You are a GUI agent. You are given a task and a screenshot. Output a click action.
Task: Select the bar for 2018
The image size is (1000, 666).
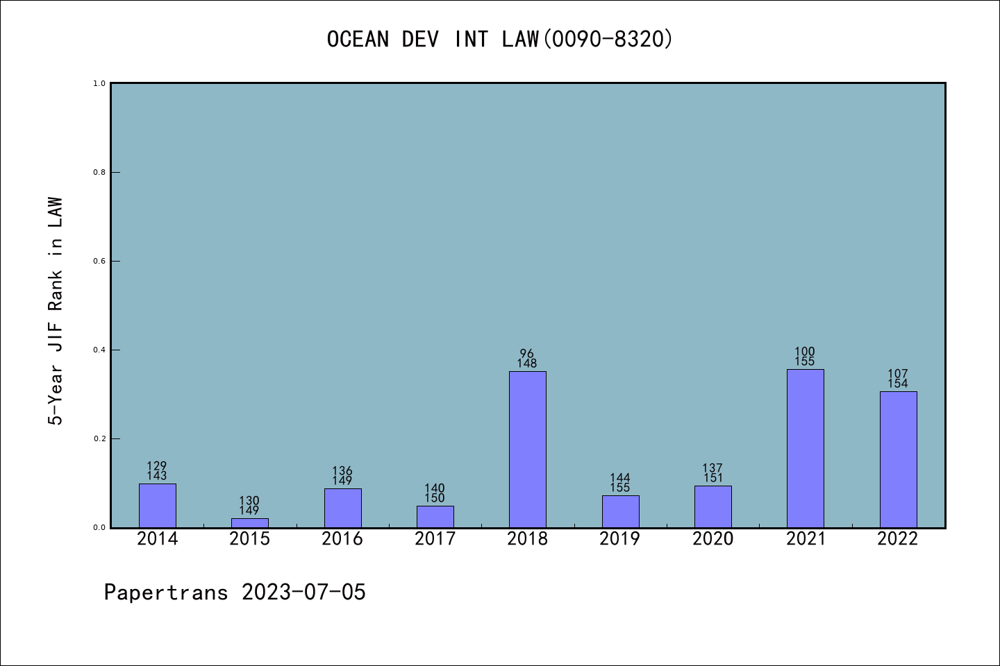(x=527, y=449)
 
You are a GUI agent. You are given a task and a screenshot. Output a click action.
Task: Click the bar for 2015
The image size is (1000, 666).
(x=249, y=522)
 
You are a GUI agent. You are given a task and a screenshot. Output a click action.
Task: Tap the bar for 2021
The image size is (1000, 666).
(x=805, y=448)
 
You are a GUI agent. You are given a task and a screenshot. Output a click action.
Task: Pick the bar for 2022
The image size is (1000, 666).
(x=898, y=459)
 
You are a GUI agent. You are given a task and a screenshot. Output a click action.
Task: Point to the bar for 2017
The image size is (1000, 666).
(x=435, y=516)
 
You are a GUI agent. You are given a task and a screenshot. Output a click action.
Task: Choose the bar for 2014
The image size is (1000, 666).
(x=157, y=505)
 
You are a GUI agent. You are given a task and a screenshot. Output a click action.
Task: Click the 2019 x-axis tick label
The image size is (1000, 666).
(x=620, y=539)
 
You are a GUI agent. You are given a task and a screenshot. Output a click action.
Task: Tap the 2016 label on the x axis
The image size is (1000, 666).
(x=342, y=539)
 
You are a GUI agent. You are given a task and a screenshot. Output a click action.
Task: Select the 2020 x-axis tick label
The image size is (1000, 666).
(x=712, y=539)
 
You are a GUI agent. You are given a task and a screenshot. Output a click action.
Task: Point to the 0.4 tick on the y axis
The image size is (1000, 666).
(x=99, y=350)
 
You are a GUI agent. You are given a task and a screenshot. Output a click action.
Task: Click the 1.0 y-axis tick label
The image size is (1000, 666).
(x=99, y=83)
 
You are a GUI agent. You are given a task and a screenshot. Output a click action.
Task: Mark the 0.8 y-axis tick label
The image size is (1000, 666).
(x=99, y=172)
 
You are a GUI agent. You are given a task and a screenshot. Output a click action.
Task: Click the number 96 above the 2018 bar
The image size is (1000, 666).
(x=527, y=354)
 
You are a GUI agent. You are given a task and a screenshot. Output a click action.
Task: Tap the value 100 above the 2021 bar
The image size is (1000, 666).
(x=805, y=352)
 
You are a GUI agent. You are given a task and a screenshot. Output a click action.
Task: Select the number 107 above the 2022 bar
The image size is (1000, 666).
(x=898, y=374)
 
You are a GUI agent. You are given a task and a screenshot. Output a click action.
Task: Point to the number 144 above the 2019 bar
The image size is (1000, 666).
(x=620, y=478)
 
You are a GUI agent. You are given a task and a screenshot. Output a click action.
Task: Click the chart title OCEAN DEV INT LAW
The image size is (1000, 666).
(x=433, y=40)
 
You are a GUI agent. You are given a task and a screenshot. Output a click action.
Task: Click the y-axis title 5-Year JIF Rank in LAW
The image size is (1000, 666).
(x=56, y=311)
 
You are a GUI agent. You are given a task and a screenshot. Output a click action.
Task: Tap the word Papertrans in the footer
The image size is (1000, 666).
(x=166, y=592)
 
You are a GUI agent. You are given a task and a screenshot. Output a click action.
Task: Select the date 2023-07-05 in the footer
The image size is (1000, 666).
(x=303, y=592)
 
